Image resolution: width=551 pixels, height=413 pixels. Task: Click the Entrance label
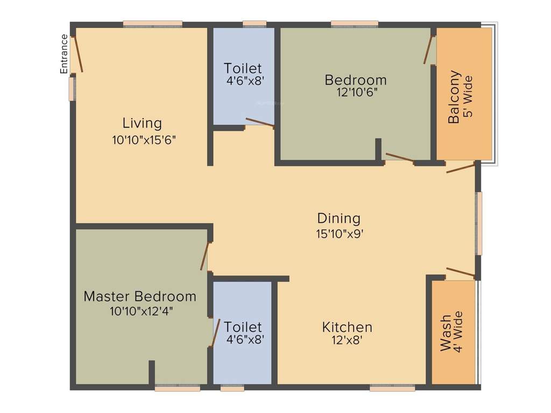[64, 53]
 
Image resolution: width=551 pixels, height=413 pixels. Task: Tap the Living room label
[142, 123]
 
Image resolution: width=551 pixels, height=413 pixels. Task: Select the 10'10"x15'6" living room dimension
[144, 140]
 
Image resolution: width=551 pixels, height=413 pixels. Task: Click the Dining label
[338, 218]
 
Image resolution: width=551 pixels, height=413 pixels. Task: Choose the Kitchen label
[347, 327]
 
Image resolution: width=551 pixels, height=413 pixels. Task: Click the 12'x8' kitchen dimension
[347, 341]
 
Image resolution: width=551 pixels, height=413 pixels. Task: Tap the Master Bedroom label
[140, 296]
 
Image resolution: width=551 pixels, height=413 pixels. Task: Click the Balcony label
[455, 97]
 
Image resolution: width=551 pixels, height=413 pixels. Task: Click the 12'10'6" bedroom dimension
[355, 92]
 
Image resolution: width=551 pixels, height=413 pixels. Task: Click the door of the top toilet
[260, 122]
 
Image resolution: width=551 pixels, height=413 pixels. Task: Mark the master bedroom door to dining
[204, 256]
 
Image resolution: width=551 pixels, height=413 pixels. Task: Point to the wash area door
[460, 272]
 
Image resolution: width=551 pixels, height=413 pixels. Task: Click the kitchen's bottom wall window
[392, 388]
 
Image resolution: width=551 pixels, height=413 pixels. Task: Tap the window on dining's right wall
[478, 223]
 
